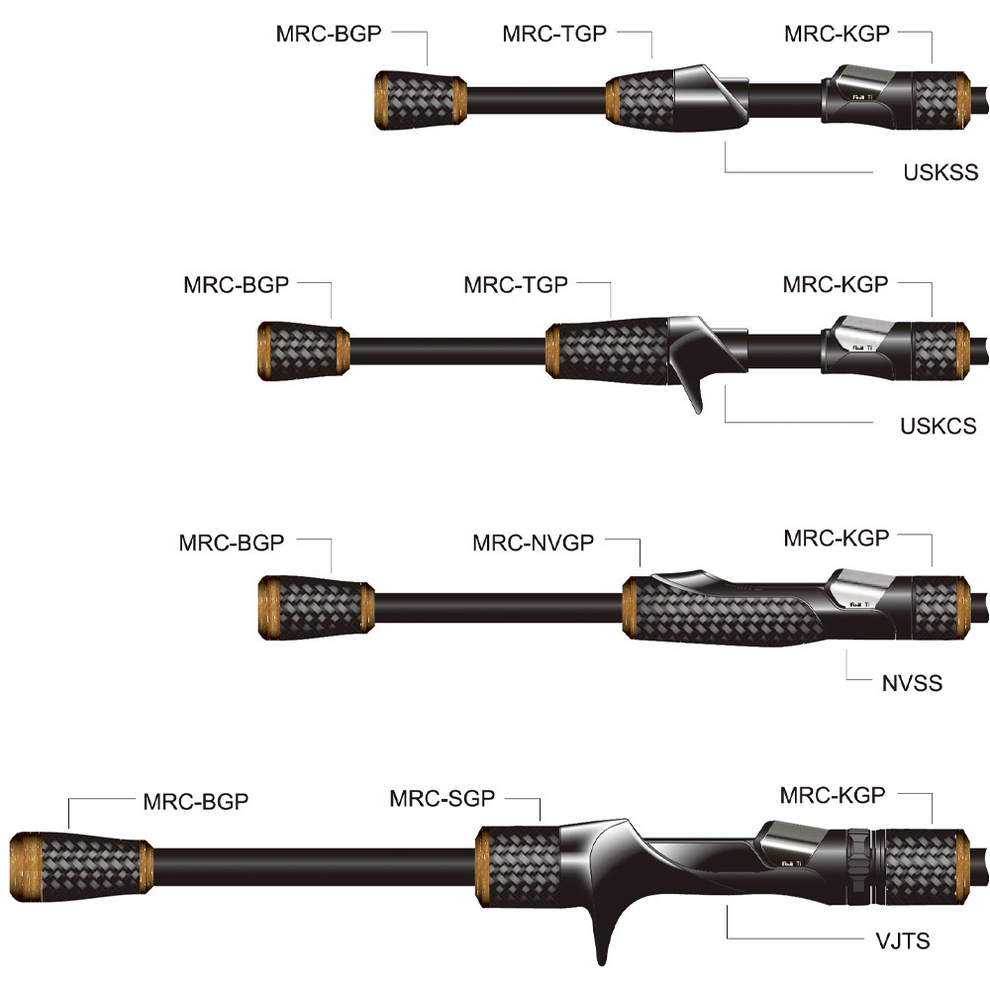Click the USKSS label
click(940, 173)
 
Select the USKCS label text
click(938, 426)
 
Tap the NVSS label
click(912, 682)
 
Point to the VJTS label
click(902, 940)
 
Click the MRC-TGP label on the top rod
click(553, 33)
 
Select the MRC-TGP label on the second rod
click(515, 285)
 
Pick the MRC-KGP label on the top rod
click(837, 33)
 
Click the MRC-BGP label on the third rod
click(232, 543)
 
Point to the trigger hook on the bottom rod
click(605, 935)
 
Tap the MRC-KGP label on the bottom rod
click(832, 795)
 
